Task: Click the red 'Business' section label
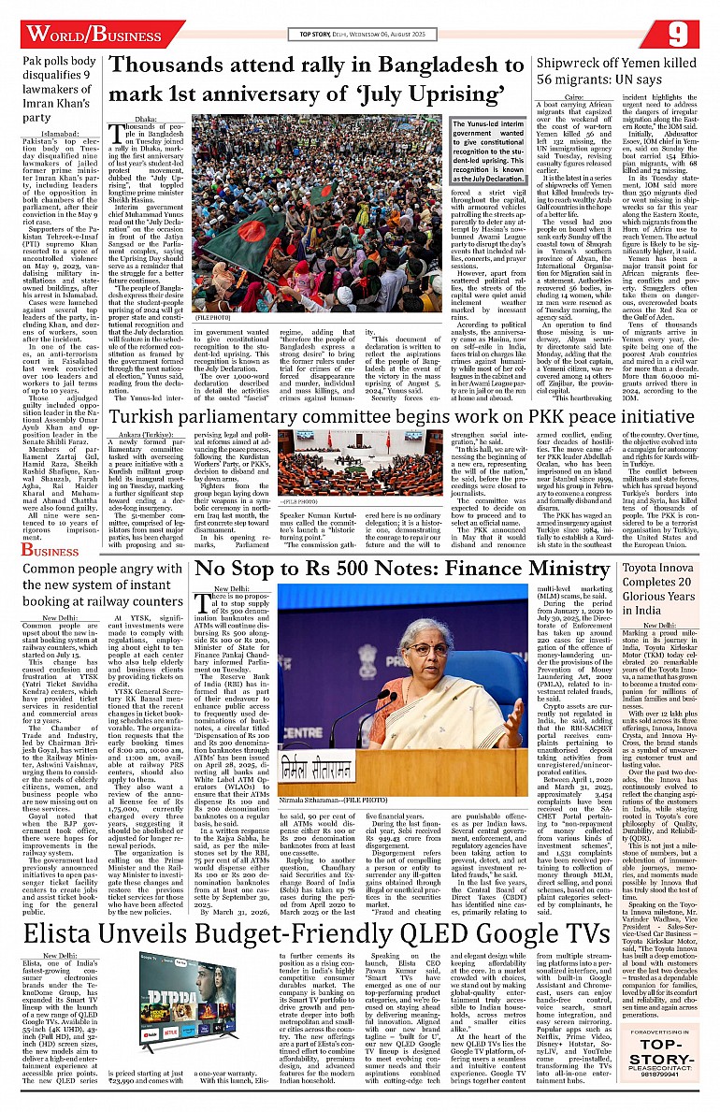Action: coord(52,551)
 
